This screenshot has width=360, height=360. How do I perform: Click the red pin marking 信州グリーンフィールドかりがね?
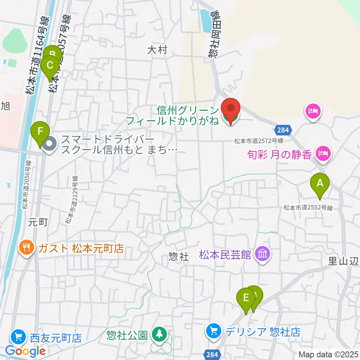[230, 109]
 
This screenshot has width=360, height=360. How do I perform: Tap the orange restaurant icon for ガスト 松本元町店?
[26, 248]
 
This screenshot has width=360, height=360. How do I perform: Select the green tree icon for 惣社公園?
[160, 334]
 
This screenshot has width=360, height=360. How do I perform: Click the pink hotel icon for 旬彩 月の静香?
[322, 153]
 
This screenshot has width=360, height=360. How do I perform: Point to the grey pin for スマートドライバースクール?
[49, 144]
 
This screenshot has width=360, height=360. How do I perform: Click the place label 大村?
[156, 50]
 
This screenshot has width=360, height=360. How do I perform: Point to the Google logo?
[25, 351]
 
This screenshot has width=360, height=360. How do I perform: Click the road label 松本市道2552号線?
[308, 207]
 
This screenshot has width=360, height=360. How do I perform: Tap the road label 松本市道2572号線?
[258, 141]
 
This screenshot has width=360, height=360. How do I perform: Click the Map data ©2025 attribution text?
[328, 354]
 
